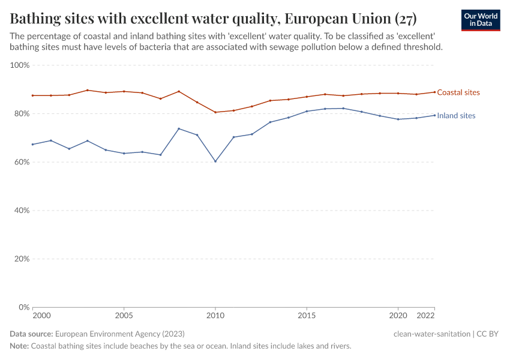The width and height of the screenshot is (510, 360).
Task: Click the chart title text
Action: tap(213, 17)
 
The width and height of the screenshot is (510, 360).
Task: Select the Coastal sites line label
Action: tap(458, 92)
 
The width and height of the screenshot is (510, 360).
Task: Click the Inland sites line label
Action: tap(456, 116)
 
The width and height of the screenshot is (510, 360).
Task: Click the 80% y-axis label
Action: tap(22, 113)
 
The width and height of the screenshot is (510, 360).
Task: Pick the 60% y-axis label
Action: tap(22, 162)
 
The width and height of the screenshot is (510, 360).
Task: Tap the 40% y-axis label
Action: tap(22, 211)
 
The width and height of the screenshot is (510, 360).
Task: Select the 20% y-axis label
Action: tap(22, 259)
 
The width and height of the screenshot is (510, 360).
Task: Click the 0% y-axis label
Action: tap(25, 307)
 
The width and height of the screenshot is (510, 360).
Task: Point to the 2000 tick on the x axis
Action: tap(41, 316)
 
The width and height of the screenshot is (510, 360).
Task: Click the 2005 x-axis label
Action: tap(124, 316)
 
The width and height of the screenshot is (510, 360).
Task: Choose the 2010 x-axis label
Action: tap(215, 316)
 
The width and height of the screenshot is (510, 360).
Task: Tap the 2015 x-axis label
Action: tap(307, 316)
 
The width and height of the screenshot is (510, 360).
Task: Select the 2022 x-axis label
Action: tap(425, 316)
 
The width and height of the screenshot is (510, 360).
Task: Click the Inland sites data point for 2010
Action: tap(215, 161)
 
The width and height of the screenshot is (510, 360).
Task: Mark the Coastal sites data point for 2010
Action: tap(215, 112)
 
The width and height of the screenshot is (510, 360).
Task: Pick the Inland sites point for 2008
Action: tap(179, 128)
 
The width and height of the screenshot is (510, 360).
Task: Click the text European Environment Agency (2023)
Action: tap(119, 334)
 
